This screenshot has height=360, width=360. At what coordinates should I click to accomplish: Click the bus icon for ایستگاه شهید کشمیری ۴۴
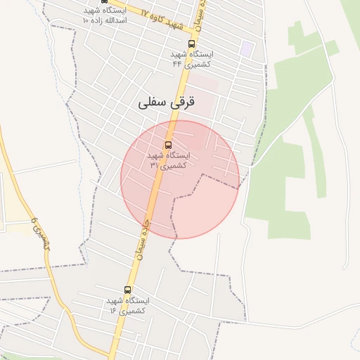click(192, 44)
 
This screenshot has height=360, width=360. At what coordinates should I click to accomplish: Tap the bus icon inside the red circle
click(167, 146)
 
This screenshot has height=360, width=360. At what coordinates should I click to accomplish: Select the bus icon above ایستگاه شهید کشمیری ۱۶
click(127, 290)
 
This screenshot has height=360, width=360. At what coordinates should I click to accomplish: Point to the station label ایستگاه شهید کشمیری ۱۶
click(127, 305)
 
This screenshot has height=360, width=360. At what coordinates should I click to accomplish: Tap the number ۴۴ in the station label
click(176, 63)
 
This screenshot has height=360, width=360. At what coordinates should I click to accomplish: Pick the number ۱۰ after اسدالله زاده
click(86, 21)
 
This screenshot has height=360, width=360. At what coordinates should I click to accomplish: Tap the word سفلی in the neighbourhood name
click(151, 103)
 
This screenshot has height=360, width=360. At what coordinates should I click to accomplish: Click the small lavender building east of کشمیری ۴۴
click(246, 49)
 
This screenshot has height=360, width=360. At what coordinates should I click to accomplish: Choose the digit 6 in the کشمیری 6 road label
click(32, 221)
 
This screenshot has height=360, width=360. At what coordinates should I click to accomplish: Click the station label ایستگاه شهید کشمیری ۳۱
click(167, 160)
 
